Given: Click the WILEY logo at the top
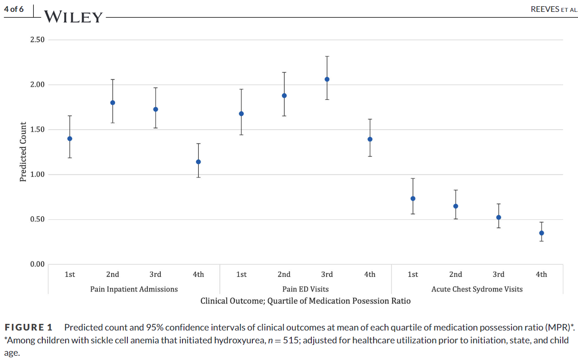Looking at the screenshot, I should click(x=74, y=18).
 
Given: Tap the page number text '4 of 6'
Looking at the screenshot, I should click(x=14, y=10).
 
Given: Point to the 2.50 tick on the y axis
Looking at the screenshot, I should click(x=37, y=40).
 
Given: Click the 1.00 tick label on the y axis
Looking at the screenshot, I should click(x=37, y=175).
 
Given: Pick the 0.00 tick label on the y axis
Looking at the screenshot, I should click(x=37, y=264).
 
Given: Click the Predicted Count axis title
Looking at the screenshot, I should click(x=23, y=152).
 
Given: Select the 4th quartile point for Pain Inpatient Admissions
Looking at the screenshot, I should click(x=198, y=162).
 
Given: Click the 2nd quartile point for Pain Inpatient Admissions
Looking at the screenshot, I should click(x=113, y=103).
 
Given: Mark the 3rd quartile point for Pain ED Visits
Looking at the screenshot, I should click(x=327, y=79).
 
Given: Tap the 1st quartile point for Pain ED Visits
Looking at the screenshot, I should click(x=241, y=114).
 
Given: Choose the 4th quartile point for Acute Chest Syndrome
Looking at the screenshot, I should click(x=541, y=233).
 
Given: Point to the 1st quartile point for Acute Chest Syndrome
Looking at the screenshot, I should click(x=413, y=199).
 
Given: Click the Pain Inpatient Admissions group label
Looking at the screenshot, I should click(x=134, y=289).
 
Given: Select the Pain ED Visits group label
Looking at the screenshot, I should click(x=305, y=289).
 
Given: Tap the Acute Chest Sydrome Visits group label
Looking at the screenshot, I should click(x=477, y=289).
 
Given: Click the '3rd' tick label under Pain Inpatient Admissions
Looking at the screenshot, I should click(x=155, y=274).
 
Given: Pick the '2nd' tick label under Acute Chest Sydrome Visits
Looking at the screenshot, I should click(x=455, y=274).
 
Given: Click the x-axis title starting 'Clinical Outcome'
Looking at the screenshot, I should click(x=305, y=301).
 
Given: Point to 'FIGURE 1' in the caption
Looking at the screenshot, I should click(x=29, y=328).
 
